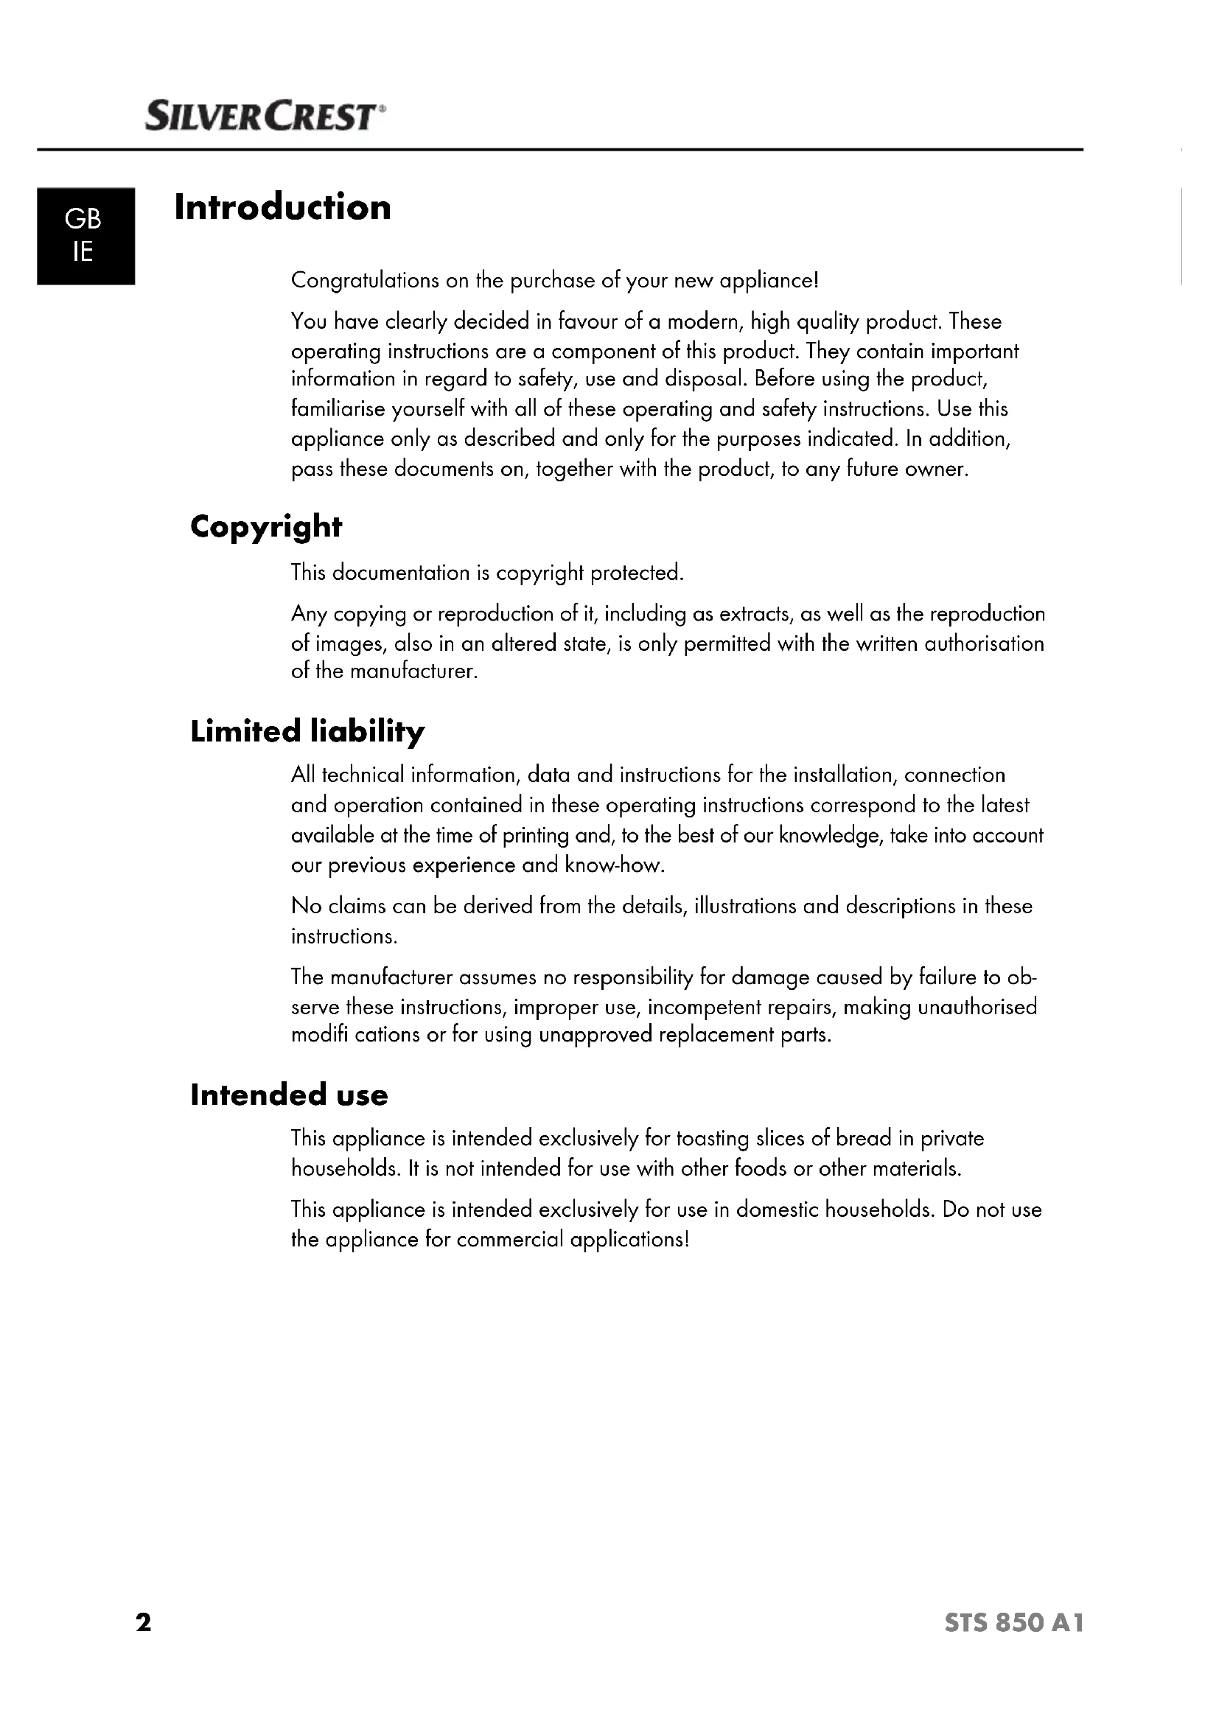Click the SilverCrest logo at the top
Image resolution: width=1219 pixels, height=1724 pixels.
click(x=265, y=117)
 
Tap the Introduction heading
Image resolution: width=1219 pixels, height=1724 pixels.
click(x=282, y=207)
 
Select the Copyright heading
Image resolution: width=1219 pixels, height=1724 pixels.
click(x=266, y=527)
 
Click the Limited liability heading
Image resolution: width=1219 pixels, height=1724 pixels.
click(x=307, y=731)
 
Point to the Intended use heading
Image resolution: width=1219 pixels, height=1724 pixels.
click(x=289, y=1095)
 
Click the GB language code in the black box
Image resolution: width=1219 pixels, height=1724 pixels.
click(x=83, y=219)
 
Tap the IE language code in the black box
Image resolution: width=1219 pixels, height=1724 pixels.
click(x=83, y=252)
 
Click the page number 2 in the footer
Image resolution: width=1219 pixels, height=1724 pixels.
click(x=144, y=1622)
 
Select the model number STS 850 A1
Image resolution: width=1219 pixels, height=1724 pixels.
click(x=1014, y=1623)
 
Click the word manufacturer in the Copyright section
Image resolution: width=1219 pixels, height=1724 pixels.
click(x=413, y=671)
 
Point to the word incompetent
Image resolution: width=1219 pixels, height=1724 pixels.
click(x=704, y=1007)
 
